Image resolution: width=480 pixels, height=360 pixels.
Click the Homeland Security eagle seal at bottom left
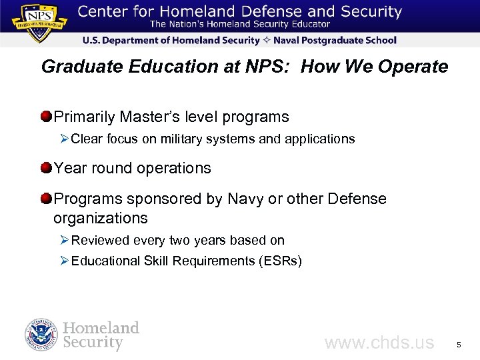[41, 335]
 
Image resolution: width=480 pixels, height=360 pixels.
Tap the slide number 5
[458, 345]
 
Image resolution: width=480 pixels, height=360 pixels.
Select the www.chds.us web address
[379, 343]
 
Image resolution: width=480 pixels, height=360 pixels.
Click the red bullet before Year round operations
[45, 168]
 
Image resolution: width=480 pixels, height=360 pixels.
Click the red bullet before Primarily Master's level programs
[45, 117]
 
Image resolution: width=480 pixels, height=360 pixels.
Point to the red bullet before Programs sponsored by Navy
[45, 199]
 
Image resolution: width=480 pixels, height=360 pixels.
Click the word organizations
[100, 219]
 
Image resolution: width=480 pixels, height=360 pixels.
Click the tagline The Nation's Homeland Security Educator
[239, 25]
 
